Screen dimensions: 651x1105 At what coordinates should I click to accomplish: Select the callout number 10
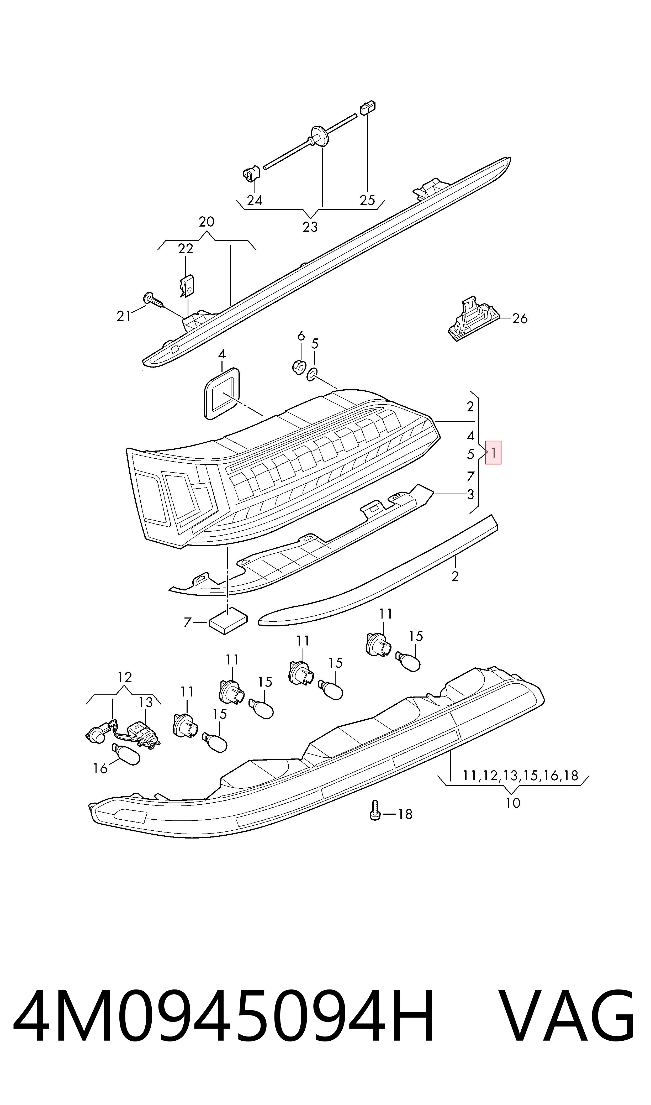pyautogui.click(x=513, y=803)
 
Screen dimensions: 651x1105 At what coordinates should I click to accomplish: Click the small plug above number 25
pyautogui.click(x=368, y=108)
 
